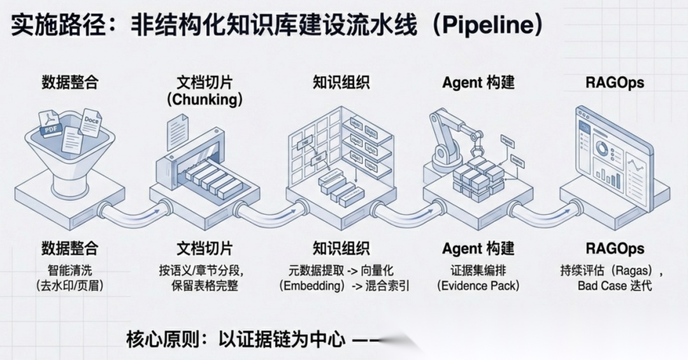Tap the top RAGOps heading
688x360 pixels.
pos(615,83)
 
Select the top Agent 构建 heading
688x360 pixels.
pos(478,83)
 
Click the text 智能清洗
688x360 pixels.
pos(69,270)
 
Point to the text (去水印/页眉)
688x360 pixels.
pos(69,286)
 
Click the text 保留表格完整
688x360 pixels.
pos(204,286)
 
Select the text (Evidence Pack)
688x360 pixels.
pos(478,286)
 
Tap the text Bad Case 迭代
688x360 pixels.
pos(615,286)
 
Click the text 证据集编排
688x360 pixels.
pos(478,270)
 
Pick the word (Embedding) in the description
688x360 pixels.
pos(312,286)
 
